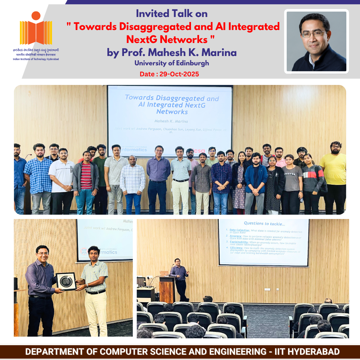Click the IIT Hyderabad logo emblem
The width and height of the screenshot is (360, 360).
(x=36, y=29)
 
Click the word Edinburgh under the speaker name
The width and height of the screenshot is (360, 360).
(x=193, y=63)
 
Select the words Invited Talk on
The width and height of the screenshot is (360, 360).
(x=172, y=14)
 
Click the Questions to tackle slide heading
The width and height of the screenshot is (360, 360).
(x=264, y=223)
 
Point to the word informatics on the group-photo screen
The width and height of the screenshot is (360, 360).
(x=133, y=150)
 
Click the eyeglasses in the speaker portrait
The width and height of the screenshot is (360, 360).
(x=314, y=34)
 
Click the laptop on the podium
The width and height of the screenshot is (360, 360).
(x=164, y=273)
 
